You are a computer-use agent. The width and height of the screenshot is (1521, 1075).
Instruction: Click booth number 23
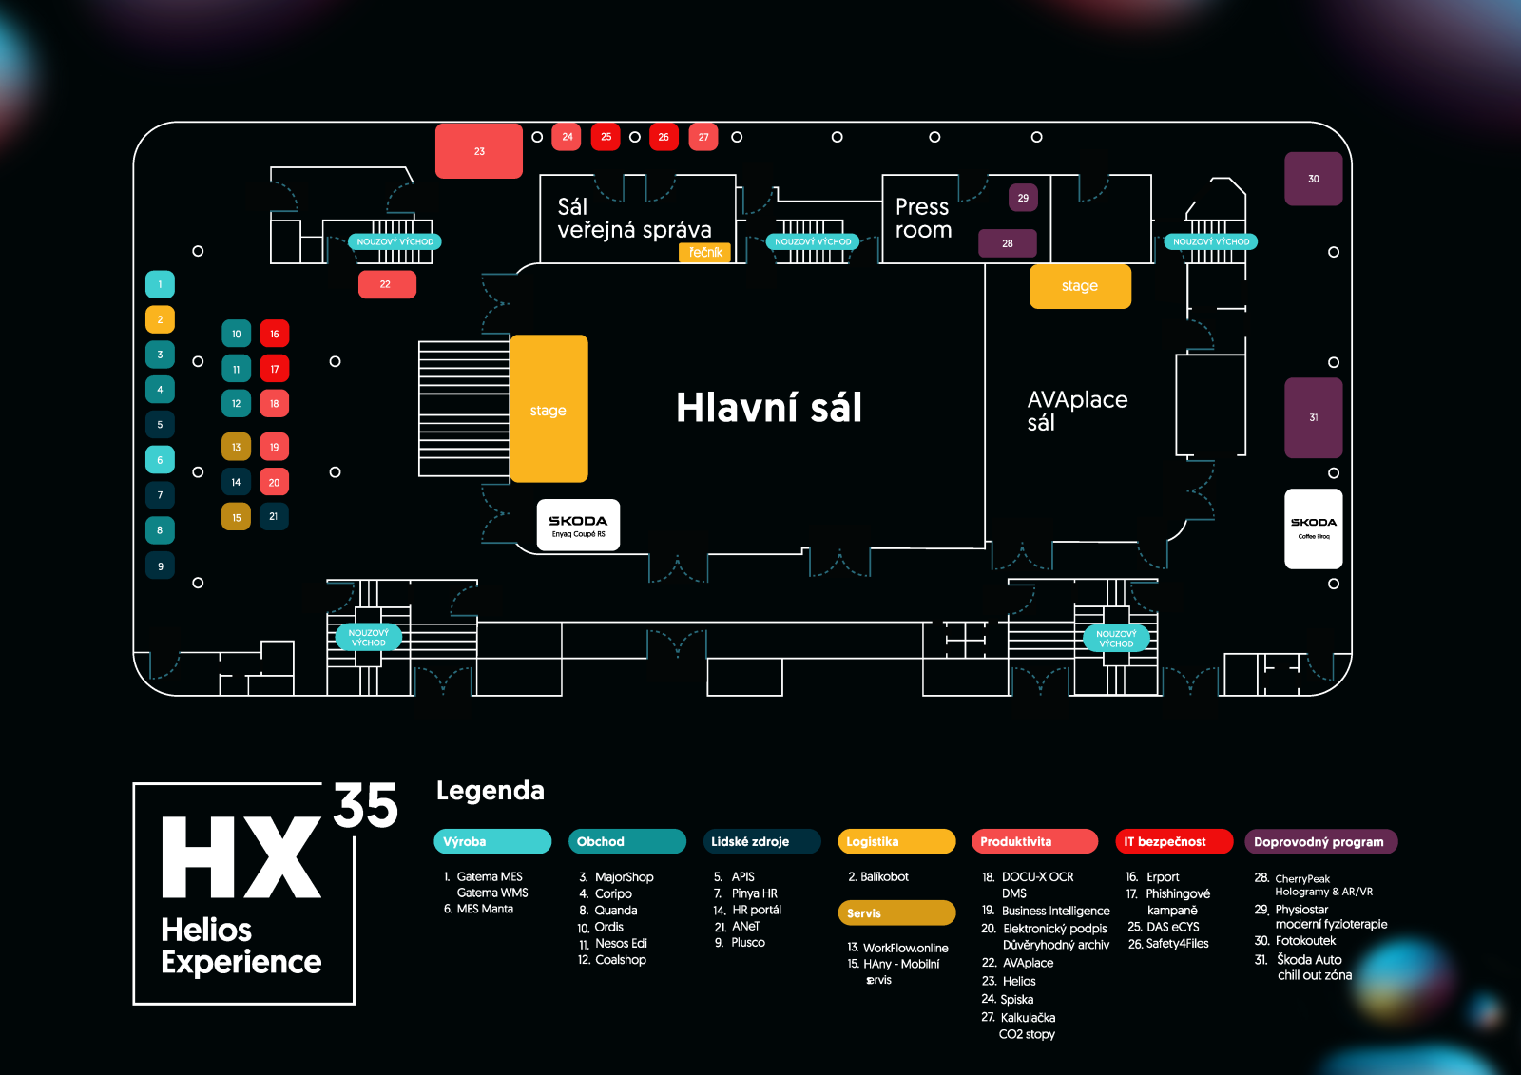pos(479,150)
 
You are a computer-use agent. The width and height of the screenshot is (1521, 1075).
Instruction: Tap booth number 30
pos(1313,179)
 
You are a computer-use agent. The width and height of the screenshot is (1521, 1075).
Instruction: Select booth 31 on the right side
pos(1313,417)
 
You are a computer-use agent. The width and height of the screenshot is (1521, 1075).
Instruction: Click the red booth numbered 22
pos(386,284)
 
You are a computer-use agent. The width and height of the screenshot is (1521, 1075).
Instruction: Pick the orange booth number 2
pos(160,319)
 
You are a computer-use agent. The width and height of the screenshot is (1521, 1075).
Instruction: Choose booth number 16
pos(274,334)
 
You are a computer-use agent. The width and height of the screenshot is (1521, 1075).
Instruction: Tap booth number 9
pos(160,566)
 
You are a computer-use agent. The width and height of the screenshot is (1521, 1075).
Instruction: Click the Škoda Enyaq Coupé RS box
pos(578,525)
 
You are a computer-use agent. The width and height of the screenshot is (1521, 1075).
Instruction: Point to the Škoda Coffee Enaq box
pos(1313,528)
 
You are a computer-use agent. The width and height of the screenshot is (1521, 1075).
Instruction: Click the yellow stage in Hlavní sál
pos(549,409)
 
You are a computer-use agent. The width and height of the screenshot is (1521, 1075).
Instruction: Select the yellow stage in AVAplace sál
pos(1080,286)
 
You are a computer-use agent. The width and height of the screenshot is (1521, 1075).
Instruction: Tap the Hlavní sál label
pos(768,408)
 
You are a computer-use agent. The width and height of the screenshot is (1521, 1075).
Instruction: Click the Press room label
pos(922,219)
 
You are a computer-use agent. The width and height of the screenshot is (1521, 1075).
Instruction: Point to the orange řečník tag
pos(705,252)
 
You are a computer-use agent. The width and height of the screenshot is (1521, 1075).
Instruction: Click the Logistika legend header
pos(895,841)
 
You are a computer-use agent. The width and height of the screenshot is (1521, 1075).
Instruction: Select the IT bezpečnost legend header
pos(1173,841)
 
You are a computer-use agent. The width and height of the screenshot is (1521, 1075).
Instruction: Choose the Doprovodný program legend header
pos(1319,841)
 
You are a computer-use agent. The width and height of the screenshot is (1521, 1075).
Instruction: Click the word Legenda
pos(490,791)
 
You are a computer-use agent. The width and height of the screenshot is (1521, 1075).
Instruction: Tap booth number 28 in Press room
pos(1007,243)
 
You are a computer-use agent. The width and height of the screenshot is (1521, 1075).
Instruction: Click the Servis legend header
pos(895,912)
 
